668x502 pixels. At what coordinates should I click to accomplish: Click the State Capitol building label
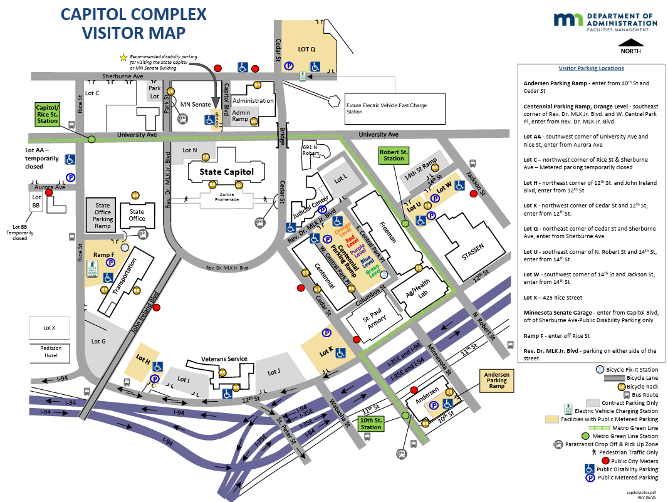[x=226, y=172]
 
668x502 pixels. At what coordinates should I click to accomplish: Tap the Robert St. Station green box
[x=394, y=155]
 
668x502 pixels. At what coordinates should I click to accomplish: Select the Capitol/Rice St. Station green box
[x=47, y=115]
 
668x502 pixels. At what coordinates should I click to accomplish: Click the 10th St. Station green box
[x=370, y=423]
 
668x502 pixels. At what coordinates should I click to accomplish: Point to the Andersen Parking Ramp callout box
[x=496, y=380]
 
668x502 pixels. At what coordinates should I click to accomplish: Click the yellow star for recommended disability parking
[x=123, y=57]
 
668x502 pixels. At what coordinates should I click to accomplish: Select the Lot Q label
[x=306, y=48]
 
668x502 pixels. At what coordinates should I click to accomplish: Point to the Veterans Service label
[x=224, y=359]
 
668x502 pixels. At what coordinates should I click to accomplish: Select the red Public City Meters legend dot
[x=590, y=460]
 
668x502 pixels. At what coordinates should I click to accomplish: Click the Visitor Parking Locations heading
[x=591, y=68]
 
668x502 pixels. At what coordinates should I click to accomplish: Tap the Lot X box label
[x=49, y=328]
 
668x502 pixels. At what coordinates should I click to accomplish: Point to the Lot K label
[x=326, y=352]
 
